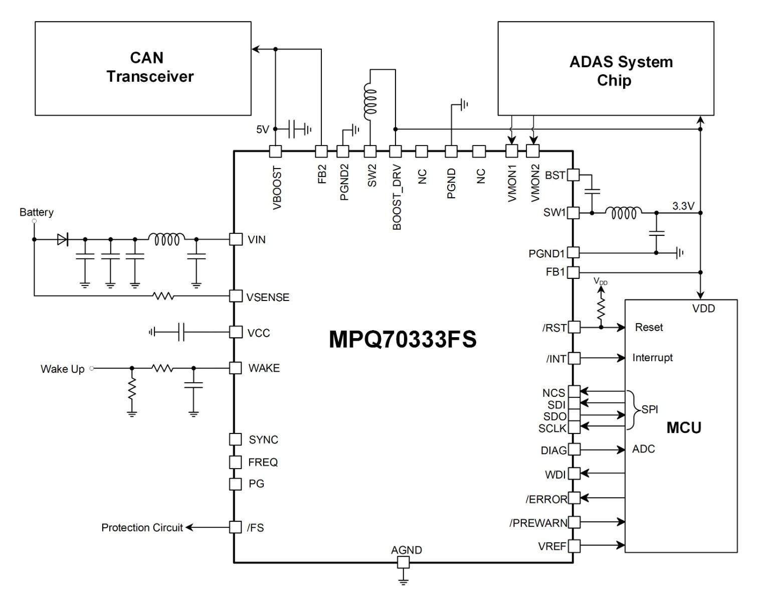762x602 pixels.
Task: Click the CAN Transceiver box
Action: click(x=143, y=68)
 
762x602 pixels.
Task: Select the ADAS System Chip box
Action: click(x=606, y=68)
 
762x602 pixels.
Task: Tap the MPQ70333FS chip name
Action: click(x=403, y=340)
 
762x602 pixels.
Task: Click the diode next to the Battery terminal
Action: click(x=63, y=239)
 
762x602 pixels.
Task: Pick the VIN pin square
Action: click(x=236, y=239)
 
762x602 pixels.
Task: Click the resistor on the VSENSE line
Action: click(x=164, y=296)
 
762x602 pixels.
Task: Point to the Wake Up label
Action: click(x=62, y=369)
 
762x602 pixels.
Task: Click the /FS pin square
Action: click(x=236, y=527)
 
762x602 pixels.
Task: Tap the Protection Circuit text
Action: click(x=142, y=528)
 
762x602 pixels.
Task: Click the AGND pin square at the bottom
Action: click(x=403, y=563)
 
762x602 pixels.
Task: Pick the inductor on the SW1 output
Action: click(x=623, y=213)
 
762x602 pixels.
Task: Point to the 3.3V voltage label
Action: click(x=683, y=206)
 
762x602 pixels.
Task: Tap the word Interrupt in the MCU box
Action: click(x=652, y=358)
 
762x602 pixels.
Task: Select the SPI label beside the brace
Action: click(x=650, y=409)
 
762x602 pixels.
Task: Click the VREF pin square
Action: click(x=574, y=545)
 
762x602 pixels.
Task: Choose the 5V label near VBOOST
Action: click(x=263, y=129)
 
